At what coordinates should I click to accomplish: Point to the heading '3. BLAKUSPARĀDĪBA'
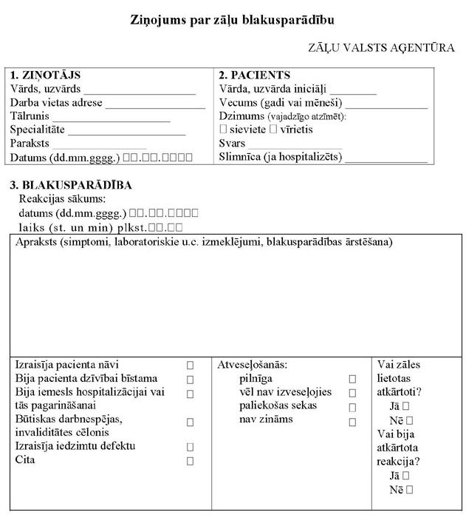point(71,185)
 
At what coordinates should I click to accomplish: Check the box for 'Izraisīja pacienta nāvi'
point(190,366)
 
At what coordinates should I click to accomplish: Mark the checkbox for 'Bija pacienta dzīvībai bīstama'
point(190,379)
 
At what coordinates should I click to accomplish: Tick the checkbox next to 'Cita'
point(190,460)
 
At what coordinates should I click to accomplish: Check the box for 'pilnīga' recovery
point(352,379)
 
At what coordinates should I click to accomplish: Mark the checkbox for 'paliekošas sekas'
point(352,406)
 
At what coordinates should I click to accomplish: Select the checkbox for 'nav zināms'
point(352,420)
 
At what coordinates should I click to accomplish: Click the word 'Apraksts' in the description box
point(35,243)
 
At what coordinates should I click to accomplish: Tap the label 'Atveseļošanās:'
point(252,365)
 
